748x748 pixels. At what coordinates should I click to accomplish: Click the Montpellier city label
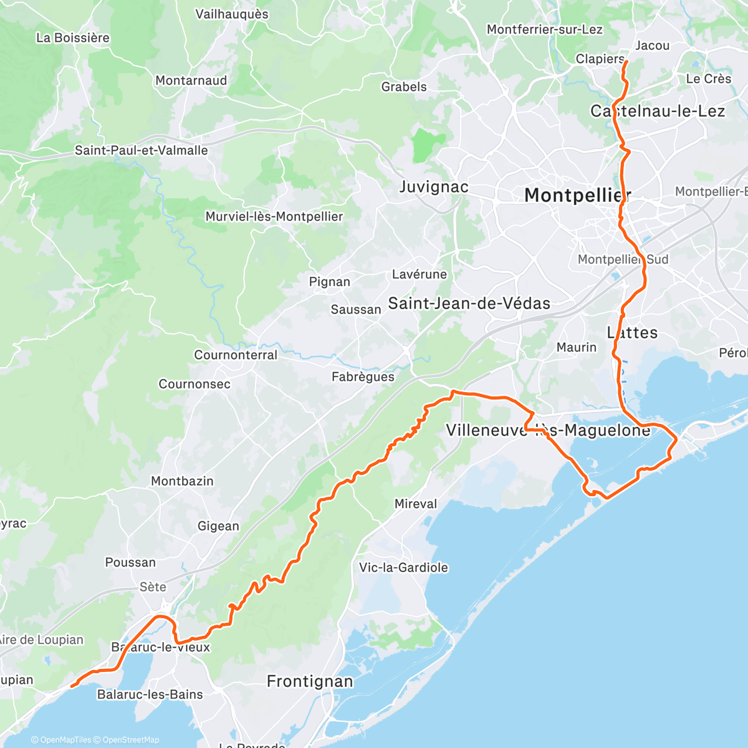tap(577, 195)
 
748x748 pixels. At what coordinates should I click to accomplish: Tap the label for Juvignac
tap(433, 187)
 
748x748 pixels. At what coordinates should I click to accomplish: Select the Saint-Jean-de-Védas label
tap(469, 304)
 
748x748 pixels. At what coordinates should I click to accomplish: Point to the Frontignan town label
tap(310, 681)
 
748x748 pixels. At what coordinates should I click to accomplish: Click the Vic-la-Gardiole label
tap(403, 567)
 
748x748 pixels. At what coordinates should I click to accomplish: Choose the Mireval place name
tap(416, 504)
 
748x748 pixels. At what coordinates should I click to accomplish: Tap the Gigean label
tap(218, 526)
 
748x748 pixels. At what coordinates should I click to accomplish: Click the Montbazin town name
tap(182, 481)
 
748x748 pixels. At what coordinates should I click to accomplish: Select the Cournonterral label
tap(236, 355)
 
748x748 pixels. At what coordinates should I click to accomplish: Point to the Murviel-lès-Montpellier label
tap(274, 216)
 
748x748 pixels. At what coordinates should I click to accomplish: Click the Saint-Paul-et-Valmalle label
tap(141, 150)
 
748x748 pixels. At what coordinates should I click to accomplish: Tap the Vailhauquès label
tap(232, 14)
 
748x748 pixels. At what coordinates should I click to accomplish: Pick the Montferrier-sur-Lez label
tap(545, 29)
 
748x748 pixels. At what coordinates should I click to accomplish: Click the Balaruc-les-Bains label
tap(150, 694)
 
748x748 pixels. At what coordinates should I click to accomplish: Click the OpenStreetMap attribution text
tap(130, 740)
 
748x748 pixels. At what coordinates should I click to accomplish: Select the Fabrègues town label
tap(363, 376)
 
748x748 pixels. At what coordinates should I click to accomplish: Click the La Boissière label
tap(73, 37)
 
